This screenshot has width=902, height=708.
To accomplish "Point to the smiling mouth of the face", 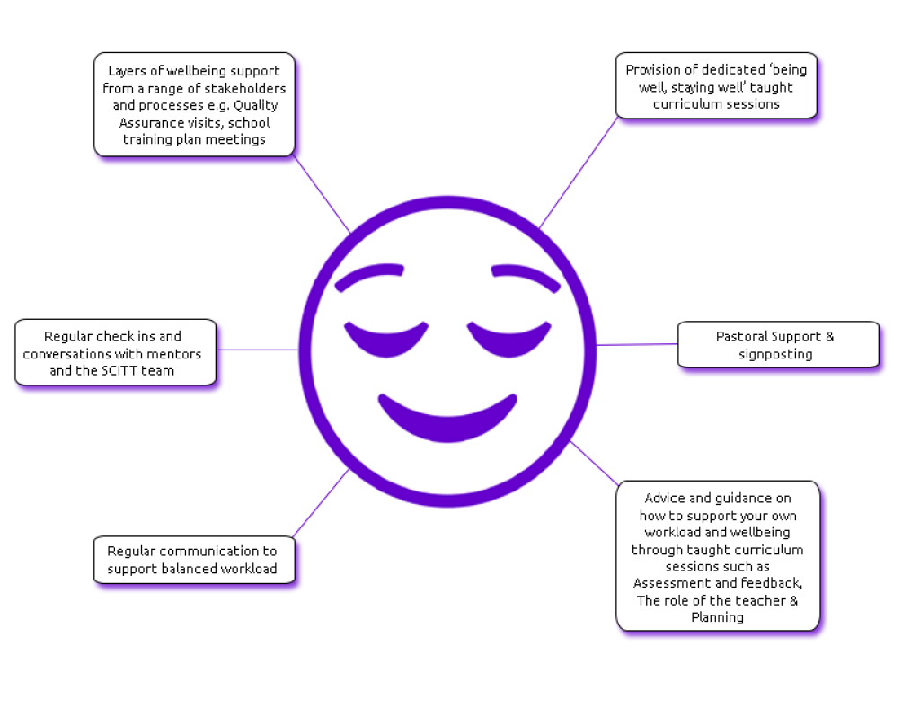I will click(447, 420).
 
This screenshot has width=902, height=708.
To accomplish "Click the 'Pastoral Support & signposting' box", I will click(778, 345).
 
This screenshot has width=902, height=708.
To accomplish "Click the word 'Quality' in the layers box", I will click(255, 105).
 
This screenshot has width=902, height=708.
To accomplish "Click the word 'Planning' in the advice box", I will click(717, 617).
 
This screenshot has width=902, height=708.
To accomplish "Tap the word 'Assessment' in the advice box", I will click(668, 583).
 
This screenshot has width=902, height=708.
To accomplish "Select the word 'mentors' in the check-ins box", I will click(173, 353).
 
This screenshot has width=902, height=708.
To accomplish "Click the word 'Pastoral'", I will click(742, 337).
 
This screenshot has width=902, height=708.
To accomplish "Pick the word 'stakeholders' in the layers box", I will click(245, 88).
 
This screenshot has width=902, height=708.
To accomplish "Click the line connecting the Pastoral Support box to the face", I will click(637, 344).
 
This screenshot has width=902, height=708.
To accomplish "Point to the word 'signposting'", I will click(775, 354).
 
